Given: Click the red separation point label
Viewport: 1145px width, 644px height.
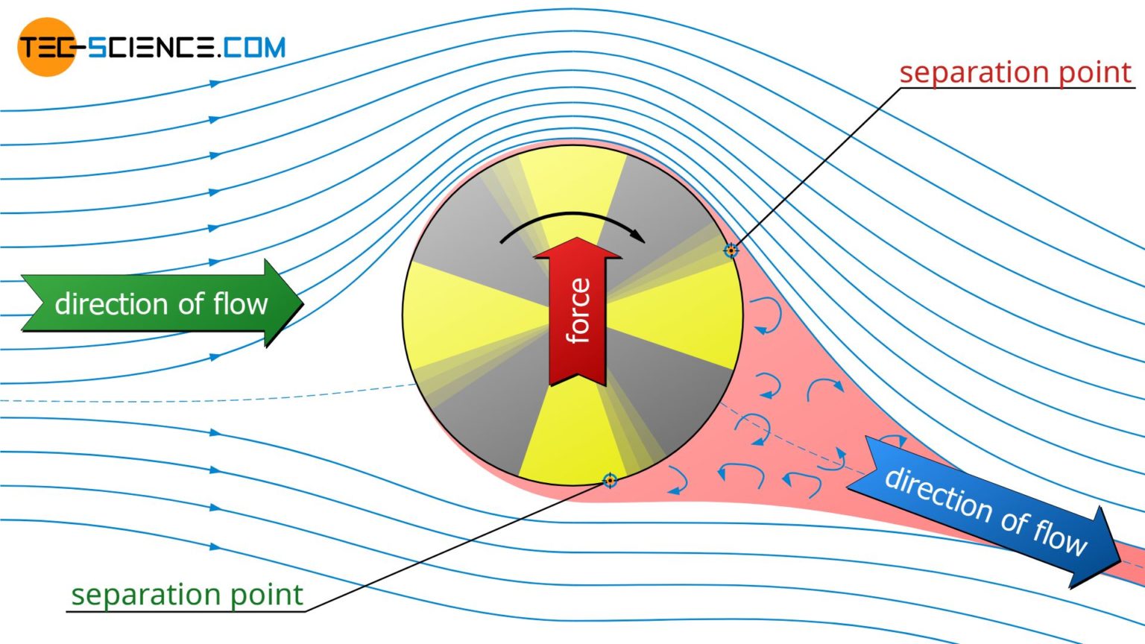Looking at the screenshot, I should coord(1015,73).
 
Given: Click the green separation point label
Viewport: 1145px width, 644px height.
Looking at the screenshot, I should coord(186,595).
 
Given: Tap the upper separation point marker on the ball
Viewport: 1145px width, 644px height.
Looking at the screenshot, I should coord(731,250).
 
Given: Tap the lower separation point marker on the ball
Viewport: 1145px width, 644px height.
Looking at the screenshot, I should coord(610,480).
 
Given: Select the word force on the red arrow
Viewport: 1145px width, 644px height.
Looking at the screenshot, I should coord(578,310).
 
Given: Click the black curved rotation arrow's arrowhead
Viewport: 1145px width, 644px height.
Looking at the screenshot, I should coord(638,236).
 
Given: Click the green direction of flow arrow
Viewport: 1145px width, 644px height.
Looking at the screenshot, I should coord(161,303).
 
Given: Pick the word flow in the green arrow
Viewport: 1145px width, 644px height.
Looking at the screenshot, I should coord(240,303).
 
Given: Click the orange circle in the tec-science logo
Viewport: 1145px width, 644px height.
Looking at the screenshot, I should coord(46,47).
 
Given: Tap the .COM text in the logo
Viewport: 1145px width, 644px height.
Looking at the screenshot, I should coord(252,48).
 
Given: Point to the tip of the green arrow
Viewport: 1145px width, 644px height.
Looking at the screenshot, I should coord(302,303).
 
